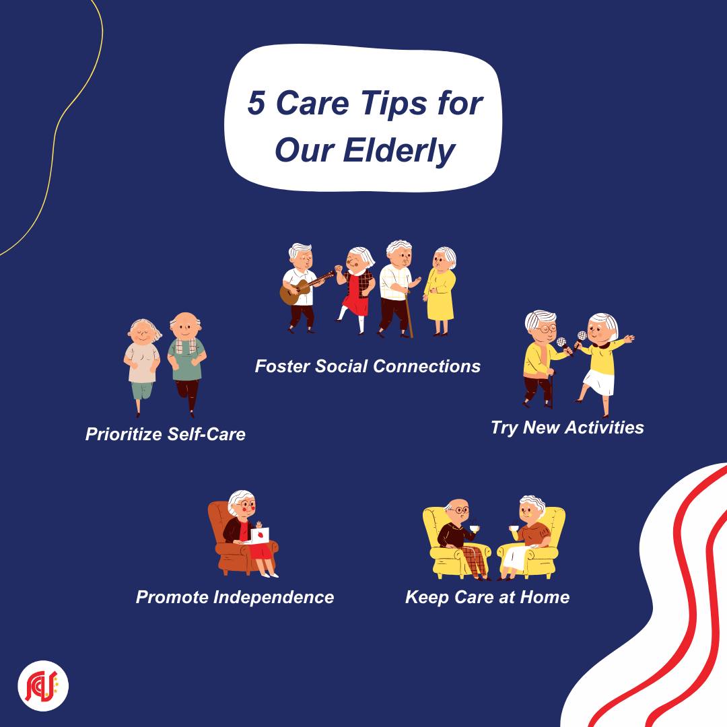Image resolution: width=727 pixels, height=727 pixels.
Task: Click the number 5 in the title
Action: coord(256,102)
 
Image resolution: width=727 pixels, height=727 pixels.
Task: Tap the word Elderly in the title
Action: coord(399,150)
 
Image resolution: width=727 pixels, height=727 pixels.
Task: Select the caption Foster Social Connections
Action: coord(368,366)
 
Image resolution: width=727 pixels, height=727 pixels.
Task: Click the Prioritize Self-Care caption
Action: coord(166,434)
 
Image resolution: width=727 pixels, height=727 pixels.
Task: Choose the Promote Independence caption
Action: coord(235,597)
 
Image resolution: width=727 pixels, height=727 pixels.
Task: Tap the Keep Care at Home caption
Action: coord(488,597)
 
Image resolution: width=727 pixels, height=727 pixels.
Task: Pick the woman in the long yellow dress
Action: coord(440,291)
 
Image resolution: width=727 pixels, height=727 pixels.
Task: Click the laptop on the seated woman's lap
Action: coord(259,535)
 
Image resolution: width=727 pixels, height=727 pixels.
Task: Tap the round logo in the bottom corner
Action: coord(42,686)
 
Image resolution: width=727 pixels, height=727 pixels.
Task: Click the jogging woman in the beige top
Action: coord(142,366)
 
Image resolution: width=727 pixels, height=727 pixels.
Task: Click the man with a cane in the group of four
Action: coord(397,288)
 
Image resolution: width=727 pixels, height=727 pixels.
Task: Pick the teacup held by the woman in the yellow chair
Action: coord(514,528)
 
